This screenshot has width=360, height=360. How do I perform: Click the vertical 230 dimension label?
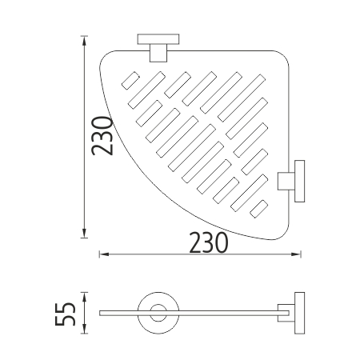pos(102,136)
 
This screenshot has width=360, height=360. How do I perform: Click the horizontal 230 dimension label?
pos(209,243)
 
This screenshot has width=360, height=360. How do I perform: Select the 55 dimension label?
pos(65,314)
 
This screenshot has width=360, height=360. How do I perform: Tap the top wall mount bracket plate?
pos(158,39)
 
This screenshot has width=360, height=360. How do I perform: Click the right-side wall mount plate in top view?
pos(299,181)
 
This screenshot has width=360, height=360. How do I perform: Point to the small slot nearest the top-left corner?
pos(130,80)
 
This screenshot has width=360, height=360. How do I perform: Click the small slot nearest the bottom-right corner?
pos(258,209)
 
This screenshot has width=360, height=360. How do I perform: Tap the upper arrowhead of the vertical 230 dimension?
pos(84,40)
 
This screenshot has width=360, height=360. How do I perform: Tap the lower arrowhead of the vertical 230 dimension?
pos(84,233)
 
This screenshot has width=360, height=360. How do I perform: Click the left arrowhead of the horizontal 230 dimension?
pos(104,254)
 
